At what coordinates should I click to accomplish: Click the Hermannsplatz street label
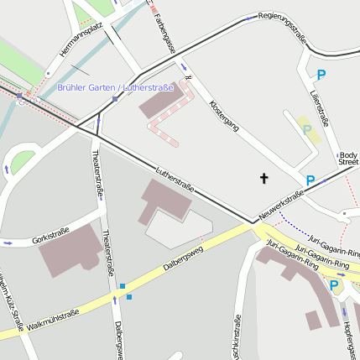pyautogui.click(x=81, y=40)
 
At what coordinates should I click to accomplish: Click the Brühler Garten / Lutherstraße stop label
pyautogui.click(x=116, y=87)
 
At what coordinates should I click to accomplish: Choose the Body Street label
pyautogui.click(x=348, y=158)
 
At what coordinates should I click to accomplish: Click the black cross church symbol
pyautogui.click(x=264, y=178)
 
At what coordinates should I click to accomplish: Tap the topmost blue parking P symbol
pyautogui.click(x=321, y=76)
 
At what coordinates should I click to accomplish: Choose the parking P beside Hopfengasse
pyautogui.click(x=333, y=286)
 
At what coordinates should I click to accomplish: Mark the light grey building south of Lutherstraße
pyautogui.click(x=177, y=228)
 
